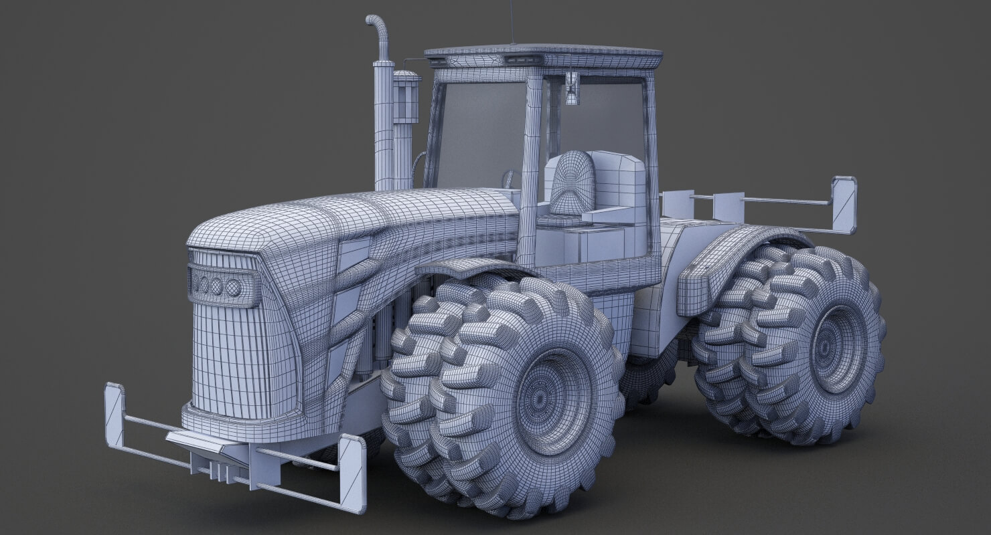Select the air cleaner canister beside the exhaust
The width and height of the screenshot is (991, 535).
[406, 100]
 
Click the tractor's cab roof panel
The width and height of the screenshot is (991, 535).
[542, 52]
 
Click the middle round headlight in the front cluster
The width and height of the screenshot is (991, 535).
[216, 287]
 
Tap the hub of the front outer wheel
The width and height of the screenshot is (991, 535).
[553, 401]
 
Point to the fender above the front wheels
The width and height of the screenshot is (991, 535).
[469, 267]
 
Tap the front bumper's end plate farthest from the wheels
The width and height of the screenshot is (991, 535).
[115, 415]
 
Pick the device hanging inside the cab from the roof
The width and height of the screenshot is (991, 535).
[571, 89]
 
